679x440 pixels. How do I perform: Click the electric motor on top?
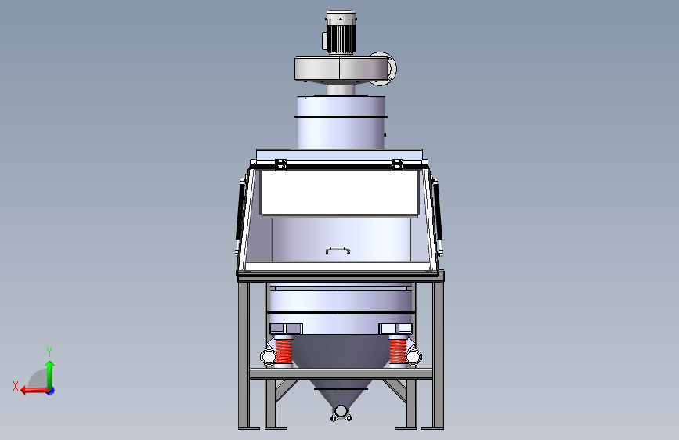coord(340,33)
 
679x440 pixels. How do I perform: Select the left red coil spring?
coord(284,352)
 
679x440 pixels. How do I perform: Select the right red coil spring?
coord(398,352)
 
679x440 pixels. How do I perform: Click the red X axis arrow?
coord(34,390)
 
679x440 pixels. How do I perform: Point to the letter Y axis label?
coord(49,352)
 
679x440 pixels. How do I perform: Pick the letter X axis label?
coord(16,386)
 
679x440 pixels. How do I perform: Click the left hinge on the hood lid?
coord(280,164)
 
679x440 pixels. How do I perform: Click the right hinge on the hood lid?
coord(397,164)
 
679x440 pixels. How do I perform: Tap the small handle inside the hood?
coord(338,250)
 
